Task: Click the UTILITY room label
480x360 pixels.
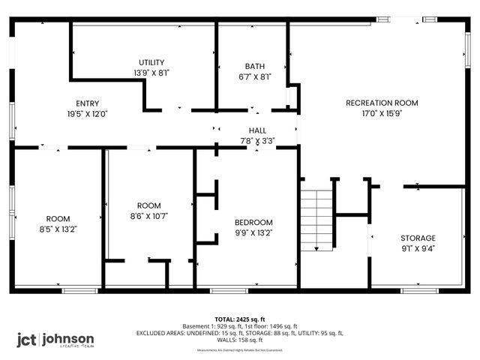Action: (151, 62)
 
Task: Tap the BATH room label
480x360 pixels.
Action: (254, 66)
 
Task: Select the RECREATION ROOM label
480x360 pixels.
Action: (382, 103)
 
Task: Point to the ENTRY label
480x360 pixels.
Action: (88, 103)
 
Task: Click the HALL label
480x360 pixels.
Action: (257, 130)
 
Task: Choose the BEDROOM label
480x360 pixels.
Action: (254, 222)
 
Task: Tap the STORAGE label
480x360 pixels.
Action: (418, 238)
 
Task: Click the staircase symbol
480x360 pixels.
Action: (316, 219)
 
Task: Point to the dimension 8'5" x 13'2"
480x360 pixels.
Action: (58, 229)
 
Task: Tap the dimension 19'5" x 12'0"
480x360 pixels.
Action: (88, 114)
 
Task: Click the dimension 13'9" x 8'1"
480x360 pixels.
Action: (151, 73)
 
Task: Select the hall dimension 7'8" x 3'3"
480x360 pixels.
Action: (257, 140)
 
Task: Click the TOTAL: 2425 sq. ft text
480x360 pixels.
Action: (240, 319)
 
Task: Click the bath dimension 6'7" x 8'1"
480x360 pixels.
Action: (254, 76)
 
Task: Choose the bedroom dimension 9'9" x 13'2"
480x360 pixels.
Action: (254, 232)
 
